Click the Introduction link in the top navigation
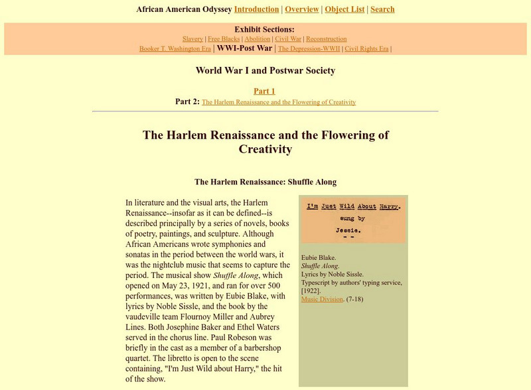pyautogui.click(x=256, y=9)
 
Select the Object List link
pyautogui.click(x=343, y=9)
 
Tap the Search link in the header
pyautogui.click(x=382, y=9)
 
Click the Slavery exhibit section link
pyautogui.click(x=192, y=39)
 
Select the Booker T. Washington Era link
pyautogui.click(x=175, y=49)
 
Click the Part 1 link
pyautogui.click(x=264, y=91)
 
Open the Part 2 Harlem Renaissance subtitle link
pyautogui.click(x=279, y=102)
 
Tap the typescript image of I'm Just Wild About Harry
pyautogui.click(x=353, y=220)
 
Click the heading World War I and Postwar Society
pyautogui.click(x=265, y=70)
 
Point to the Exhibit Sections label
pyautogui.click(x=264, y=29)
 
